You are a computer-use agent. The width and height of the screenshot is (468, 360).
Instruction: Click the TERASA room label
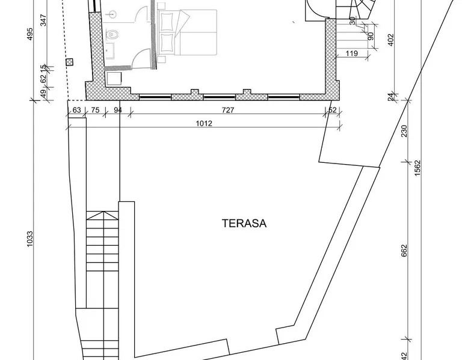pyautogui.click(x=244, y=224)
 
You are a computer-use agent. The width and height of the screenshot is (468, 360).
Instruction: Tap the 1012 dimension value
pyautogui.click(x=204, y=123)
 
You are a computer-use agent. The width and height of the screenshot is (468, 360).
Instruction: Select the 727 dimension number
pyautogui.click(x=228, y=110)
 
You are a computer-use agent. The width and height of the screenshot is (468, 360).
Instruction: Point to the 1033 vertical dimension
pyautogui.click(x=30, y=239)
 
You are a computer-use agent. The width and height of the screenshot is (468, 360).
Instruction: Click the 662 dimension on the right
pyautogui.click(x=404, y=251)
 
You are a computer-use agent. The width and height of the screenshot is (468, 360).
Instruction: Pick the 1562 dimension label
pyautogui.click(x=417, y=168)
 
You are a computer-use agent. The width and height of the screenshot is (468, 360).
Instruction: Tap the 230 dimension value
pyautogui.click(x=404, y=131)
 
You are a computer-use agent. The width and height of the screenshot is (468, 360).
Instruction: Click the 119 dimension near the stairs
pyautogui.click(x=351, y=53)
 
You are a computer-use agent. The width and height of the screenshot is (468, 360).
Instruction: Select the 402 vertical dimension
pyautogui.click(x=390, y=40)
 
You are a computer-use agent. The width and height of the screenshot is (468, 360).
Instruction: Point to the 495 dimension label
pyautogui.click(x=30, y=34)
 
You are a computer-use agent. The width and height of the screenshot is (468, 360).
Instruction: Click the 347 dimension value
pyautogui.click(x=43, y=20)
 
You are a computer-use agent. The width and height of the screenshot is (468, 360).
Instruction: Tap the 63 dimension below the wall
pyautogui.click(x=77, y=110)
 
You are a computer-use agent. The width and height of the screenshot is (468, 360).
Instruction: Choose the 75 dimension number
pyautogui.click(x=95, y=110)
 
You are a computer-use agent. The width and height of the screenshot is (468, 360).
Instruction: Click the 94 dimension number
pyautogui.click(x=118, y=110)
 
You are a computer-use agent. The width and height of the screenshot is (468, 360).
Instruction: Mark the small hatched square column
pyautogui.click(x=70, y=62)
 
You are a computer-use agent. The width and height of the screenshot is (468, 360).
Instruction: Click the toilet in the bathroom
pyautogui.click(x=112, y=34)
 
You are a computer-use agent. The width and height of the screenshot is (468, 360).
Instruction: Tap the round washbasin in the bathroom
pyautogui.click(x=113, y=14)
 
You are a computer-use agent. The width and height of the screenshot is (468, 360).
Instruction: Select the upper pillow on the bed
pyautogui.click(x=167, y=21)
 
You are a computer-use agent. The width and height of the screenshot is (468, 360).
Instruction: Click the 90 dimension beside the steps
pyautogui.click(x=371, y=37)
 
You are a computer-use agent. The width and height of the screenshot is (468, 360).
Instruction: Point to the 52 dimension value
pyautogui.click(x=332, y=110)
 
